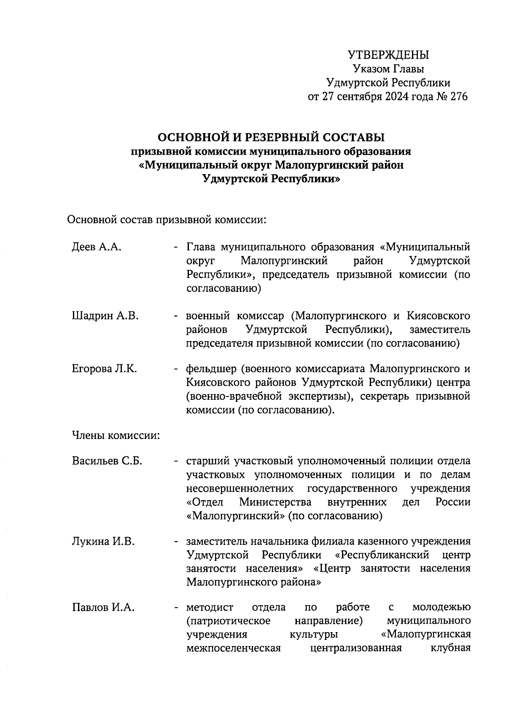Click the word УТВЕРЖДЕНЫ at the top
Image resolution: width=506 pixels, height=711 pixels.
pos(388,55)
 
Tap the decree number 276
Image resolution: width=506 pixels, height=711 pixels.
pos(459,97)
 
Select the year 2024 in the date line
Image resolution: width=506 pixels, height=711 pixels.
pos(396,97)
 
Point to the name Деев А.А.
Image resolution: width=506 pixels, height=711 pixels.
pos(97,247)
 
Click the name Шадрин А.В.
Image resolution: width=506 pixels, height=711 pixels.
pos(105,316)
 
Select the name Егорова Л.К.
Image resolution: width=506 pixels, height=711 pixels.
pos(104,369)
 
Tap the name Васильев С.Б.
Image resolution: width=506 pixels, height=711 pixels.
pos(107,461)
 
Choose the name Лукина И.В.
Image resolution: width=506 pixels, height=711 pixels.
pos(103,541)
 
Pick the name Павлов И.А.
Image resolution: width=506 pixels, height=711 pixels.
pos(103,608)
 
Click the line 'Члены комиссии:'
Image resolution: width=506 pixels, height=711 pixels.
pos(116,435)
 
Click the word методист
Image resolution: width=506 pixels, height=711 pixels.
pos(210,608)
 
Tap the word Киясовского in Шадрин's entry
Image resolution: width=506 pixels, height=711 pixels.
pos(439,316)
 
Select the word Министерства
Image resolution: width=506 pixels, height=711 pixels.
pos(275,502)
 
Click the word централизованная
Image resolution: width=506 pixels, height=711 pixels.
pos(355,648)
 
